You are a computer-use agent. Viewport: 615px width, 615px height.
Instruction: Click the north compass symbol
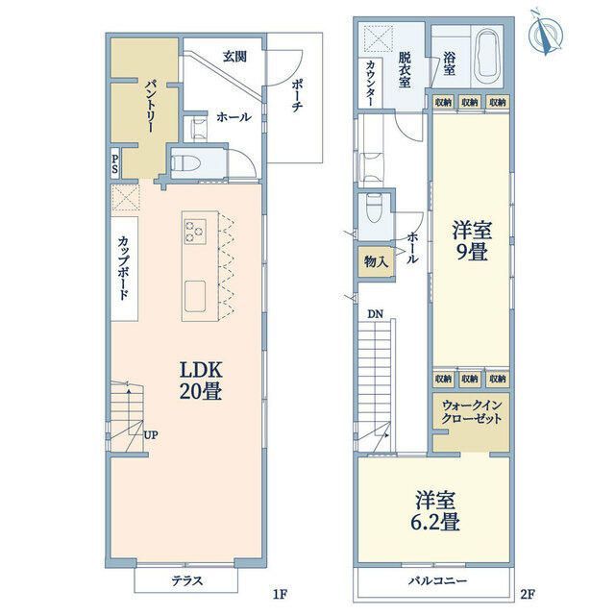546,35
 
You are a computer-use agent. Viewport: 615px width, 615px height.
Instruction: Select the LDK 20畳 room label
201,381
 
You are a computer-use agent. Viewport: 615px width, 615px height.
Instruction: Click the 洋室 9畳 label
471,240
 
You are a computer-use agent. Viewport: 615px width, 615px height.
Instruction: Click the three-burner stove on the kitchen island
195,231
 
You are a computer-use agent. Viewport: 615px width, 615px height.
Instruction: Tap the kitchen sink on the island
195,296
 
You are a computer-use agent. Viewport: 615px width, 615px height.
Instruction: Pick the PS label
115,164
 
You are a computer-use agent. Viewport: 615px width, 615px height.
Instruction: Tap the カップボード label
124,268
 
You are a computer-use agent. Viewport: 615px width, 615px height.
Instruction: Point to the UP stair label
151,434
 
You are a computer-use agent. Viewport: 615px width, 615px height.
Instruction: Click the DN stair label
375,314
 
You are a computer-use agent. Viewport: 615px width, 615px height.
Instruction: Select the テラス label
186,580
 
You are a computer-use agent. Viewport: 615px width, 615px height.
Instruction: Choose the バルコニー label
437,580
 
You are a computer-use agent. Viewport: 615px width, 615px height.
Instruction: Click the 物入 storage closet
376,261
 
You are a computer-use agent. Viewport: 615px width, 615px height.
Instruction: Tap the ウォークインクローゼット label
472,412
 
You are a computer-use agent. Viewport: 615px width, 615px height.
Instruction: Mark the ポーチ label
297,96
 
